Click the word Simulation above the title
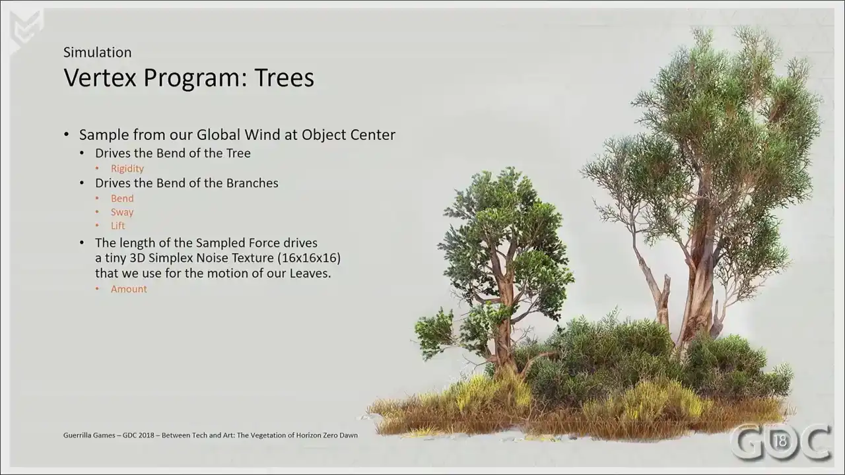(x=97, y=52)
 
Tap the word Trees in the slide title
(x=284, y=78)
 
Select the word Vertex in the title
(x=100, y=78)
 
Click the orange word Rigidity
(x=127, y=168)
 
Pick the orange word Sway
(x=122, y=212)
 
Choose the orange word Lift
(x=118, y=226)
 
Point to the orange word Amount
(x=129, y=289)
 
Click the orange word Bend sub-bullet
(x=122, y=199)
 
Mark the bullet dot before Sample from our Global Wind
(x=67, y=134)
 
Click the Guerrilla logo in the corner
(x=26, y=28)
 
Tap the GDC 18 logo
(x=781, y=442)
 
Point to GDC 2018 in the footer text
(x=139, y=435)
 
